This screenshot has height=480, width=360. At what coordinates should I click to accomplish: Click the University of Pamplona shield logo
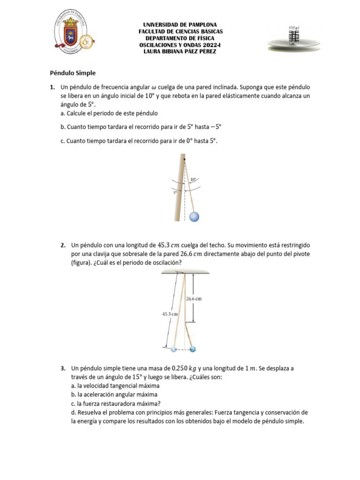(x=71, y=35)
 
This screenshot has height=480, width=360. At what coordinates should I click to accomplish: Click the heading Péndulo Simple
(x=73, y=73)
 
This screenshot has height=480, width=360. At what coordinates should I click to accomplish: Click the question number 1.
(x=52, y=87)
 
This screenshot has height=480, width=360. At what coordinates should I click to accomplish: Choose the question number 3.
(x=63, y=368)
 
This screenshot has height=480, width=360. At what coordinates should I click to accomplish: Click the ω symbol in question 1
(x=153, y=87)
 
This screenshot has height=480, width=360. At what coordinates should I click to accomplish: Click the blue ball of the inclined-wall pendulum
(x=194, y=216)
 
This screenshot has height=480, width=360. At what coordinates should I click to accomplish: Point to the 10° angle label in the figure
(x=194, y=179)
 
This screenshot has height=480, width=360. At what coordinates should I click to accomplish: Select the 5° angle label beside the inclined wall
(x=175, y=192)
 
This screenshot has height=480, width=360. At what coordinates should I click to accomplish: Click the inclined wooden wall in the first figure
(x=178, y=187)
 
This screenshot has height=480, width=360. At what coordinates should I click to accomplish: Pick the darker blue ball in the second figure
(x=192, y=349)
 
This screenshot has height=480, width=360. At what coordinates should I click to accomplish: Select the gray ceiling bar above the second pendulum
(x=180, y=271)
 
